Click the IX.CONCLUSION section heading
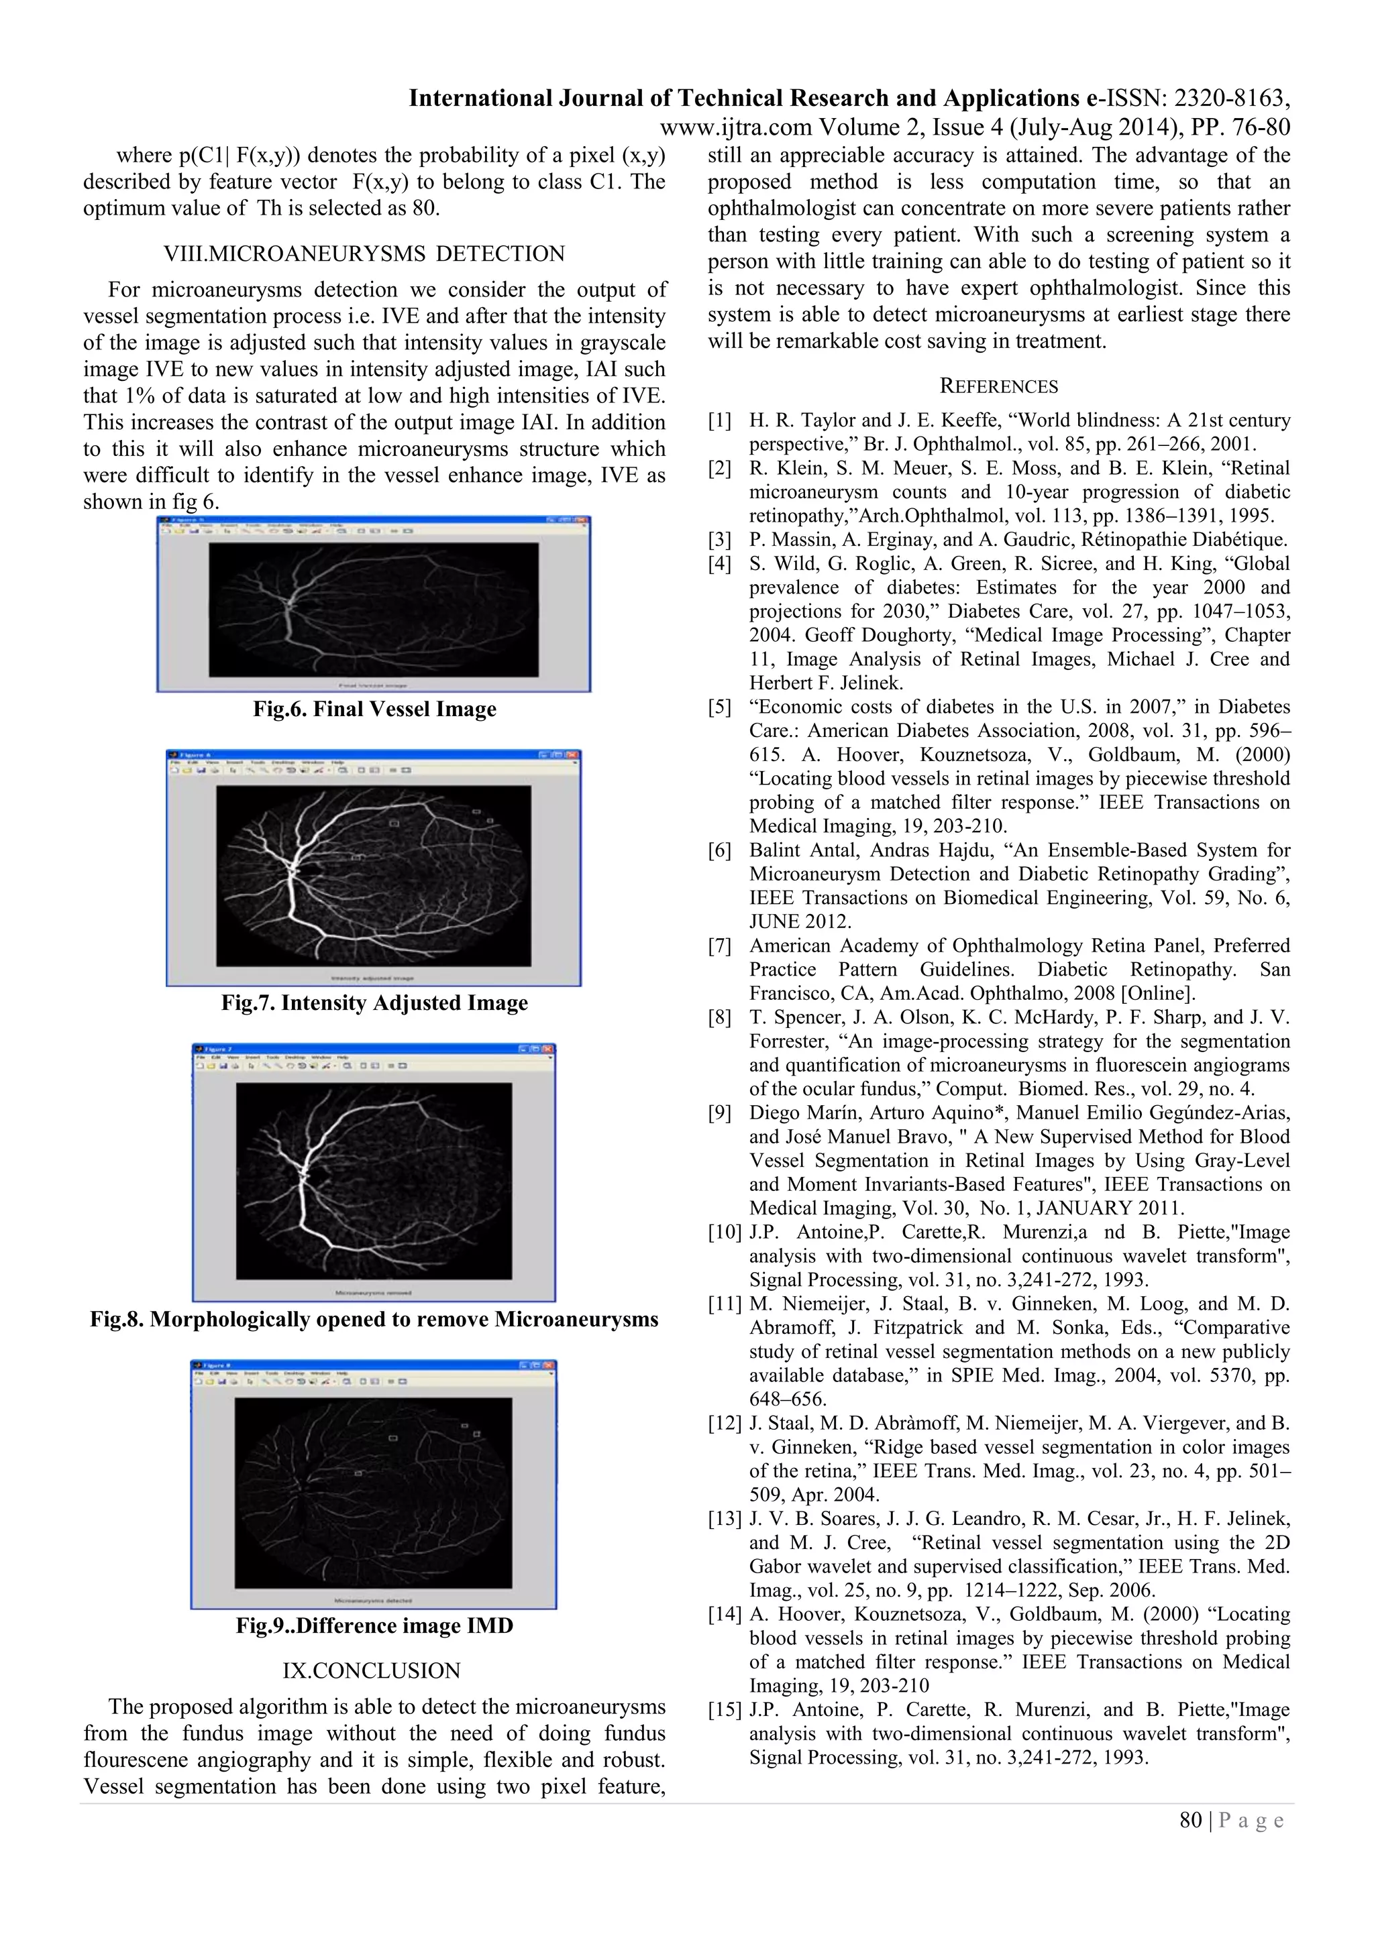[x=372, y=1670]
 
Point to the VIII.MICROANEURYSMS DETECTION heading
[x=364, y=253]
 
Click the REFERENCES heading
[x=998, y=386]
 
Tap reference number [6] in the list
[x=719, y=850]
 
